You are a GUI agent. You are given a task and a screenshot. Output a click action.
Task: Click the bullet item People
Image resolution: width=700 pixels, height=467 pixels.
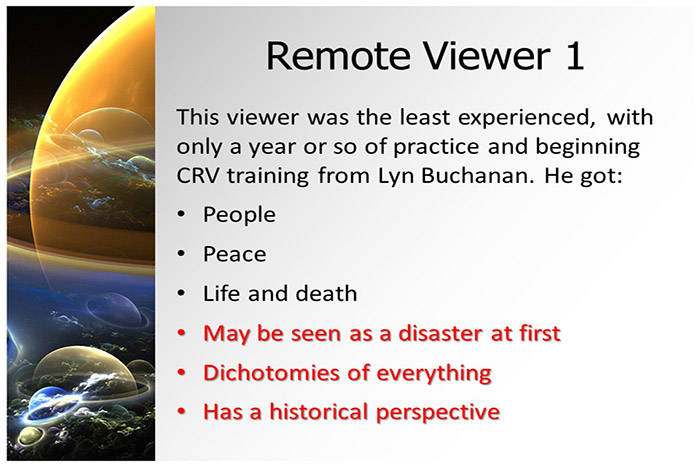click(239, 214)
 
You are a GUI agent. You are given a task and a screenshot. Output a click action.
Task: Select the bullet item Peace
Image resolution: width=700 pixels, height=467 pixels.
click(234, 254)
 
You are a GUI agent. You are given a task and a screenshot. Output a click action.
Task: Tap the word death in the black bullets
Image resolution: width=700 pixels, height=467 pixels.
click(324, 294)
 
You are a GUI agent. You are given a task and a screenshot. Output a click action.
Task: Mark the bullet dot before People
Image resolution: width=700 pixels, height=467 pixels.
click(181, 215)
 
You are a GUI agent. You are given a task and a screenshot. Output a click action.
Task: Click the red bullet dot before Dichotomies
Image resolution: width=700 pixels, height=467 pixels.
click(181, 373)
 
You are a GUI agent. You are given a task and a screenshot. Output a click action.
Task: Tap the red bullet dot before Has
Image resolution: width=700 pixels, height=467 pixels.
click(181, 412)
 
